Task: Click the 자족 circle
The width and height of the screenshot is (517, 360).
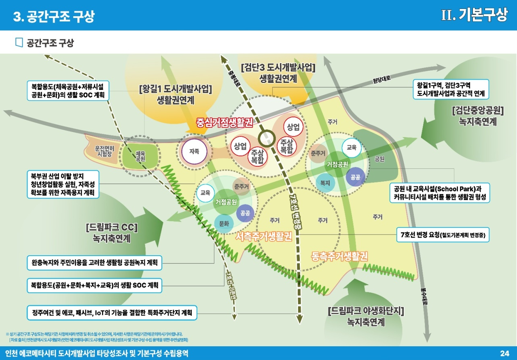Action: coord(194,151)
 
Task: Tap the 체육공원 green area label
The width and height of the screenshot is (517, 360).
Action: coord(140,156)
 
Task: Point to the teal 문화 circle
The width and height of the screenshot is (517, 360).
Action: coord(224,223)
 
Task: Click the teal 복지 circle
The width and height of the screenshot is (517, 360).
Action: coord(325,183)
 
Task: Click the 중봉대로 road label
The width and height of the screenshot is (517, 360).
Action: coord(234,76)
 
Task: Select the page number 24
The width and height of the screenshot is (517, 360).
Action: coord(504,353)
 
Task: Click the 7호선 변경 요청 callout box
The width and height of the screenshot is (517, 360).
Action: coord(443,234)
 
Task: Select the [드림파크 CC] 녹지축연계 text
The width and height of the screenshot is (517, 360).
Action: coord(112,233)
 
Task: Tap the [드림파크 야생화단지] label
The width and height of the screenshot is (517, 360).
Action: coord(366,311)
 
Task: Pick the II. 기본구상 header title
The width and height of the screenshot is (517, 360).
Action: coord(474,15)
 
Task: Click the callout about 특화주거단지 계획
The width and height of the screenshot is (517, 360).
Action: coord(112,313)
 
